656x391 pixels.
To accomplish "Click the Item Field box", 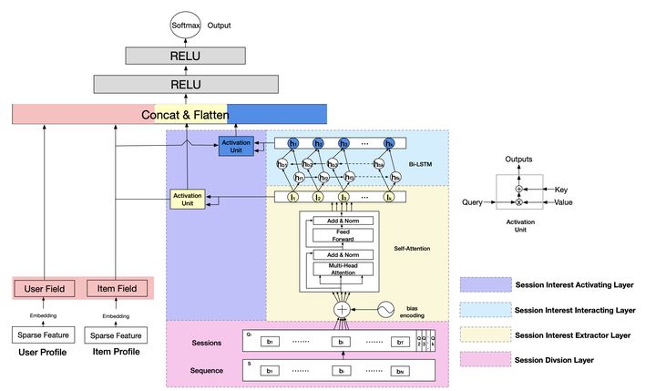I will [117, 288].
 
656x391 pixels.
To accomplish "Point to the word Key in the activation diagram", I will [560, 190].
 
